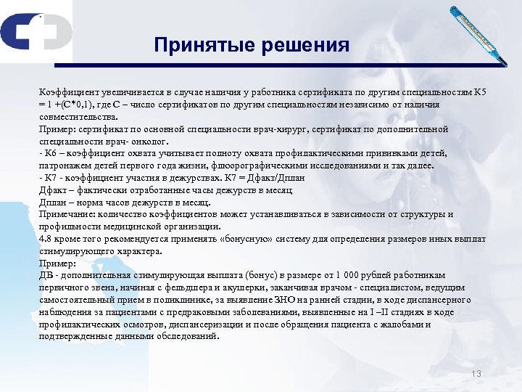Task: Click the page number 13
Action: (x=476, y=373)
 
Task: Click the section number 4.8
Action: (x=46, y=240)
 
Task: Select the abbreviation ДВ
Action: (x=46, y=276)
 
